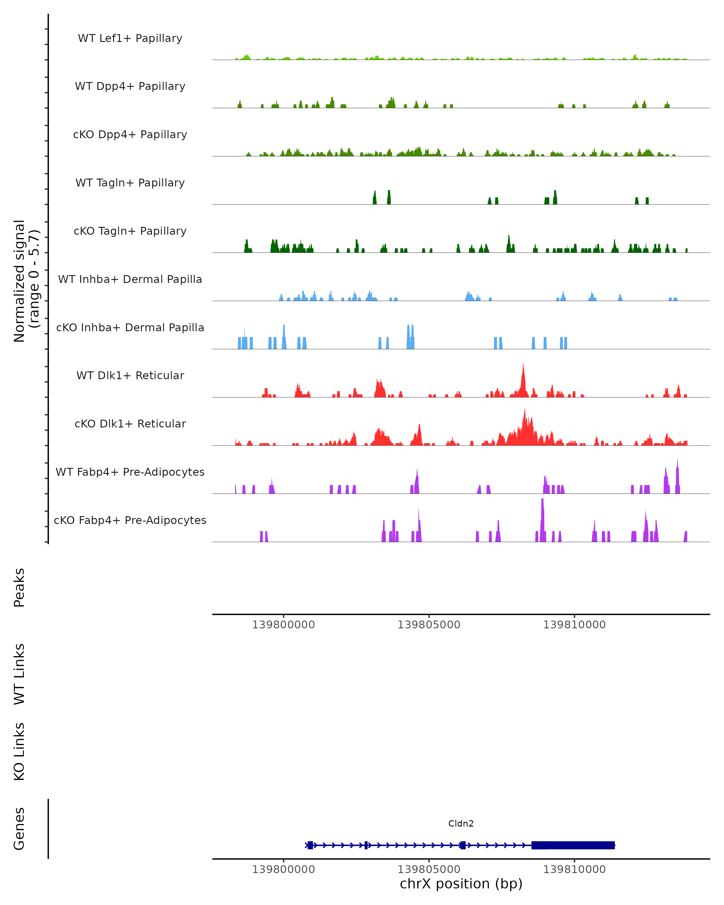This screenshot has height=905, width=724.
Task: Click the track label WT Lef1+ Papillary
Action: [x=130, y=38]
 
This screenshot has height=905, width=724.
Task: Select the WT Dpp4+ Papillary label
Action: [x=130, y=87]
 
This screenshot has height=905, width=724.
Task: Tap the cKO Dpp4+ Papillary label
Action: [x=130, y=135]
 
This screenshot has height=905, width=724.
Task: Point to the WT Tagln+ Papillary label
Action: [x=130, y=183]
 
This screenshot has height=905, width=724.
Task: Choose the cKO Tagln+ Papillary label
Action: [x=130, y=231]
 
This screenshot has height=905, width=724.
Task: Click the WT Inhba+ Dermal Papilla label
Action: [x=130, y=280]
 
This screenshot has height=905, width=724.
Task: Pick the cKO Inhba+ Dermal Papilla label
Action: [x=130, y=328]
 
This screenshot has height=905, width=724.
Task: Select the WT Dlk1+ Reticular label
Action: [x=130, y=376]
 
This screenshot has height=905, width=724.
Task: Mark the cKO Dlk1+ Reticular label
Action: [x=130, y=424]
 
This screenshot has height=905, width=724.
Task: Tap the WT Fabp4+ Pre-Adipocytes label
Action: [x=130, y=472]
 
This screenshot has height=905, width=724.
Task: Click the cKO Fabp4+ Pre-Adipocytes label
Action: [x=130, y=520]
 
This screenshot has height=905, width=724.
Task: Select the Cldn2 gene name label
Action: [x=461, y=824]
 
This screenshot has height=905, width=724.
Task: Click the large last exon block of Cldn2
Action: [x=573, y=845]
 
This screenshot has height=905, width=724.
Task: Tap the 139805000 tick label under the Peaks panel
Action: [x=429, y=625]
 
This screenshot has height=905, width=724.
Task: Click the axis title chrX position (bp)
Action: [x=461, y=884]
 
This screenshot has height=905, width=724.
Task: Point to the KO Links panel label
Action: [x=19, y=752]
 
